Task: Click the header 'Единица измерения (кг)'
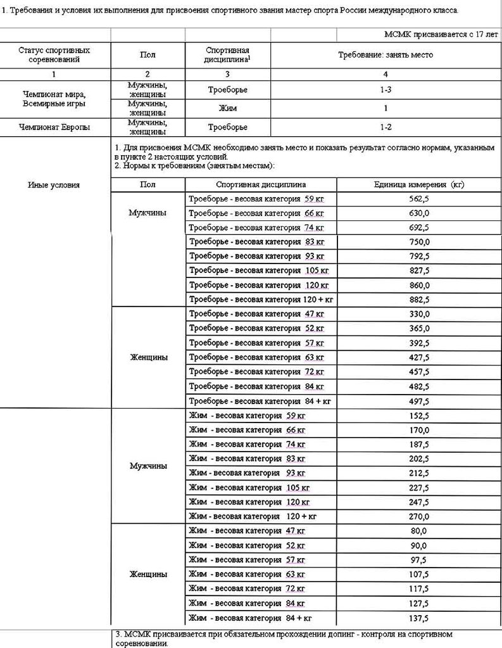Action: pos(418,184)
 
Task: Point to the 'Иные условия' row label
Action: pos(54,185)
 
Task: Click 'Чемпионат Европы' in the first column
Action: pos(54,127)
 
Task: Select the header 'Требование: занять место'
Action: pos(385,55)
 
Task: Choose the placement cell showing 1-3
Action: pos(385,90)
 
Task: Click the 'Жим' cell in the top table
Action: pos(227,108)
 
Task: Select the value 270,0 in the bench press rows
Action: pos(418,516)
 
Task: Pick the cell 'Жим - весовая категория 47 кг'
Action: pos(247,531)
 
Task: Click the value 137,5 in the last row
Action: pos(418,618)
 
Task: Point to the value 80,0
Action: pos(418,531)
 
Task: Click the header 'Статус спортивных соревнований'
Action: pos(54,55)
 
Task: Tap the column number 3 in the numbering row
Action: pos(227,74)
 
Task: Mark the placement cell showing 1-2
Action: pos(385,127)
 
